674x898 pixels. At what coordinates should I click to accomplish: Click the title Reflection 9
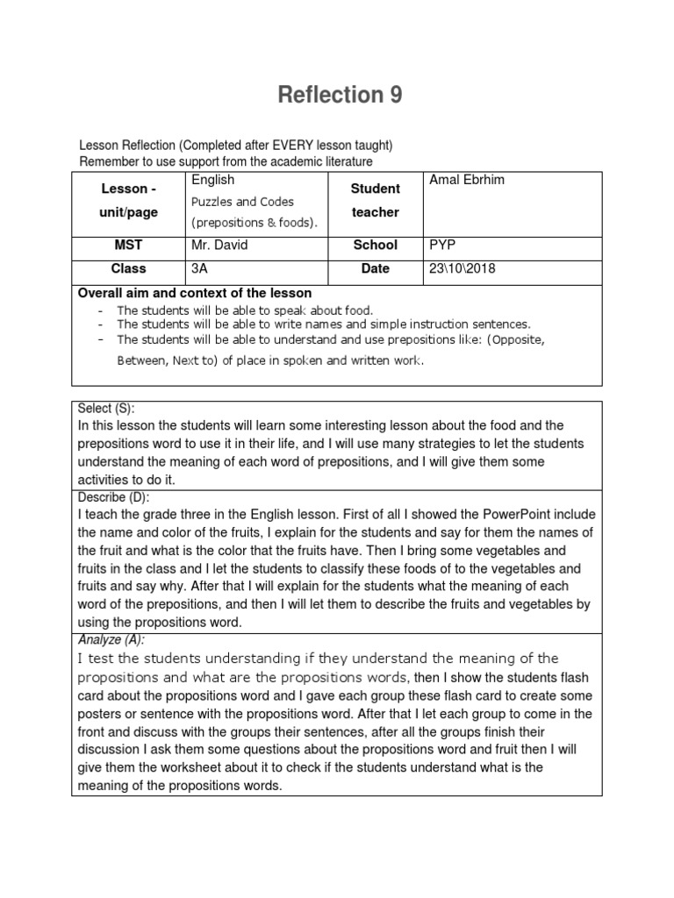[x=340, y=96]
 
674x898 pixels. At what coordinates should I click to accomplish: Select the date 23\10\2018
[x=462, y=268]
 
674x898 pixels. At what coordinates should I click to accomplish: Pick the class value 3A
[x=199, y=268]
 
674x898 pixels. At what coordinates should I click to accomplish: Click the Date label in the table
[x=375, y=268]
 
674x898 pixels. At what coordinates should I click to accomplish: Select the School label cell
[x=375, y=246]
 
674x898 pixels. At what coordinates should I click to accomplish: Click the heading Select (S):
[x=107, y=409]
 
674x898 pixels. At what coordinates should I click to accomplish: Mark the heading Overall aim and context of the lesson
[x=195, y=293]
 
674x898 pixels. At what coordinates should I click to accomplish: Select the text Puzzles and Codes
[x=243, y=202]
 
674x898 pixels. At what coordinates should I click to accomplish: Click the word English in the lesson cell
[x=212, y=180]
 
